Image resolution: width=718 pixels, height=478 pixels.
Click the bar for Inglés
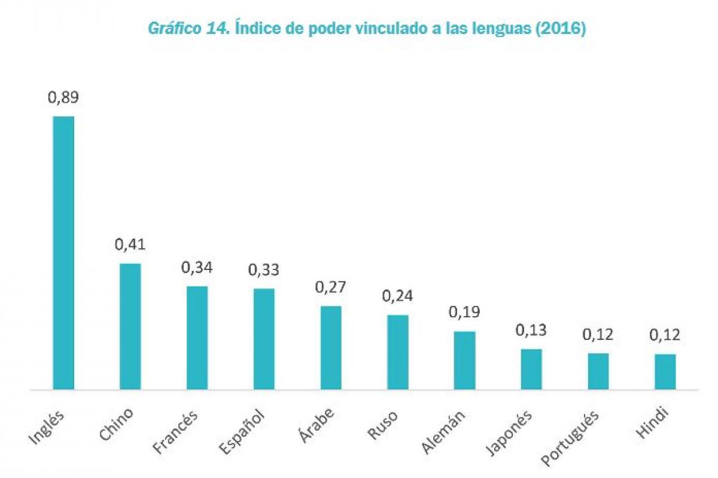(x=63, y=253)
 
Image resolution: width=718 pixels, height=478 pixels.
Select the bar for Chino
(x=130, y=326)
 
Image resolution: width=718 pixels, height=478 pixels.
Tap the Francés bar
(x=197, y=338)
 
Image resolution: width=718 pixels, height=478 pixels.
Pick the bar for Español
(x=264, y=339)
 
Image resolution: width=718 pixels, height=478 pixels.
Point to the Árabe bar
(x=331, y=348)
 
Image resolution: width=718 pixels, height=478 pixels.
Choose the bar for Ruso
(x=398, y=352)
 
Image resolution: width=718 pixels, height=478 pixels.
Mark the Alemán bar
(x=465, y=360)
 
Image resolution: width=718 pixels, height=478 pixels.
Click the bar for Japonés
(x=531, y=369)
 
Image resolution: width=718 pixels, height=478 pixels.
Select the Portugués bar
(x=598, y=371)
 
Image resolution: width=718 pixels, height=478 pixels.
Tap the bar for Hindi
(x=665, y=372)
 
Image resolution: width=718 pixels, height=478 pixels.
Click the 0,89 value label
(x=63, y=97)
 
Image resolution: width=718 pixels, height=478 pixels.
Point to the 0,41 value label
(x=130, y=244)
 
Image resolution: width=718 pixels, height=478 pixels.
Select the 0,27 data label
(x=331, y=287)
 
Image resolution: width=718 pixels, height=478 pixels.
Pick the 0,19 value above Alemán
(x=465, y=312)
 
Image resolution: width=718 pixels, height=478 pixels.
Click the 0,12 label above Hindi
(x=665, y=335)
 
